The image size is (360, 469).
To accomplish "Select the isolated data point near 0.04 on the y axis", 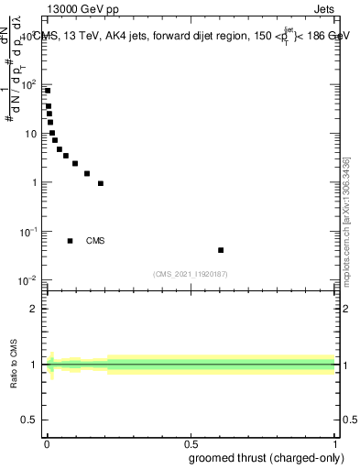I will [x=221, y=250].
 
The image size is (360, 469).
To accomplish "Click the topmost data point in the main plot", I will [x=48, y=91].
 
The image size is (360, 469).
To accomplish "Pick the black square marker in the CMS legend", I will [x=71, y=241].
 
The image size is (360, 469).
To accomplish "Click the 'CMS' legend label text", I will [x=95, y=241].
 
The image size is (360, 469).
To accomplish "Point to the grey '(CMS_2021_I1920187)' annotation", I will [x=191, y=273].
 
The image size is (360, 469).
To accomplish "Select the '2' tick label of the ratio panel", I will [x=33, y=309].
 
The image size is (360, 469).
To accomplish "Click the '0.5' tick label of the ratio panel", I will [x=28, y=421].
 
